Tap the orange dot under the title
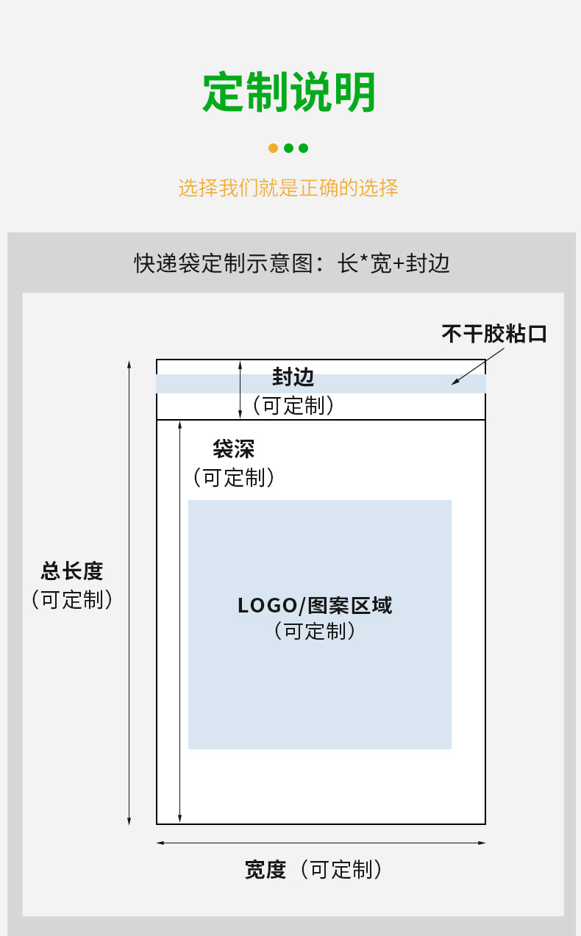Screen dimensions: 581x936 (x=274, y=148)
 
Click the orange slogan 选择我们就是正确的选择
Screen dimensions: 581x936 (x=288, y=187)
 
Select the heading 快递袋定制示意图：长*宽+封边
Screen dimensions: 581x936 (x=291, y=262)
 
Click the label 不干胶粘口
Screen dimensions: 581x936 (x=494, y=334)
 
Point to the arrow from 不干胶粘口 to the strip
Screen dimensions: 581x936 (x=478, y=365)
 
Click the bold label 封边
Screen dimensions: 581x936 (x=293, y=377)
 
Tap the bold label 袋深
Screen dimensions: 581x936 (x=233, y=449)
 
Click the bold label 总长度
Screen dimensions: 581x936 (x=72, y=571)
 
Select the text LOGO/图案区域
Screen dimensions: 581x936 (x=315, y=605)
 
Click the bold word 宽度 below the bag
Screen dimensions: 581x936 (x=265, y=870)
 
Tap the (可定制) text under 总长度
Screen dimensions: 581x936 (x=72, y=599)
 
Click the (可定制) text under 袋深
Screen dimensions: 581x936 (x=234, y=477)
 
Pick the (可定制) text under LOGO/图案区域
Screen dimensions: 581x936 (x=315, y=630)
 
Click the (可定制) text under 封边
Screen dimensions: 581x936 (x=293, y=405)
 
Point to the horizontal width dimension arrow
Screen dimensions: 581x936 (x=321, y=843)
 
